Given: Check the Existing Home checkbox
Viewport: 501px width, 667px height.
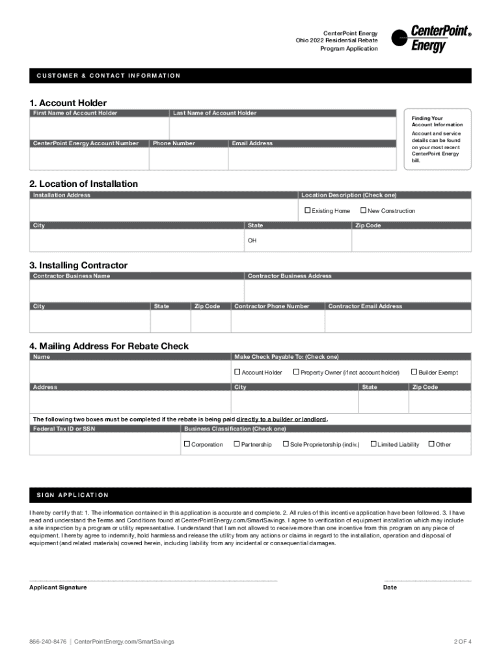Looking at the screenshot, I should click(x=308, y=210).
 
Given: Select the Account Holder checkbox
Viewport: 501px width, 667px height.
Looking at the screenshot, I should click(x=237, y=372).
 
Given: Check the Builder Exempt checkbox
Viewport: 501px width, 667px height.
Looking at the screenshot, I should click(x=414, y=372).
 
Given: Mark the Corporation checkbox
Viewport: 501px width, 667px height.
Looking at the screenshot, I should click(x=187, y=444).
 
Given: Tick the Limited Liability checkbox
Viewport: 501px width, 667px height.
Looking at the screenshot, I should click(x=373, y=444).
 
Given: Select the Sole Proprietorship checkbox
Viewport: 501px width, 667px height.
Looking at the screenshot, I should click(x=286, y=444).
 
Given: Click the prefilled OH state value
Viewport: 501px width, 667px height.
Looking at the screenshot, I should click(x=252, y=240).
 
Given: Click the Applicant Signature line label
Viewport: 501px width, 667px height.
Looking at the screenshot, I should click(x=58, y=588).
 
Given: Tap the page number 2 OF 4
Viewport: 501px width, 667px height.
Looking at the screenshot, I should click(x=462, y=642).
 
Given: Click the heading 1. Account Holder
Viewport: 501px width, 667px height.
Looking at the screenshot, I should click(x=68, y=103).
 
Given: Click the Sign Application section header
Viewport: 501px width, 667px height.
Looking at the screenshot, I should click(x=72, y=495).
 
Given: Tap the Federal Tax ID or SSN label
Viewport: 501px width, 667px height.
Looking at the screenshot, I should click(x=64, y=429).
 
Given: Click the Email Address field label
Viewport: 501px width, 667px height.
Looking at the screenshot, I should click(x=252, y=143).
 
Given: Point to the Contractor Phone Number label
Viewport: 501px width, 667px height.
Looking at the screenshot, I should click(x=271, y=306).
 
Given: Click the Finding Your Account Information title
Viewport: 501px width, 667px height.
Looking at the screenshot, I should click(x=437, y=121).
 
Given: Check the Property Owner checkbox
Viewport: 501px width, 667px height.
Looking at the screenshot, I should click(x=296, y=372).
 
